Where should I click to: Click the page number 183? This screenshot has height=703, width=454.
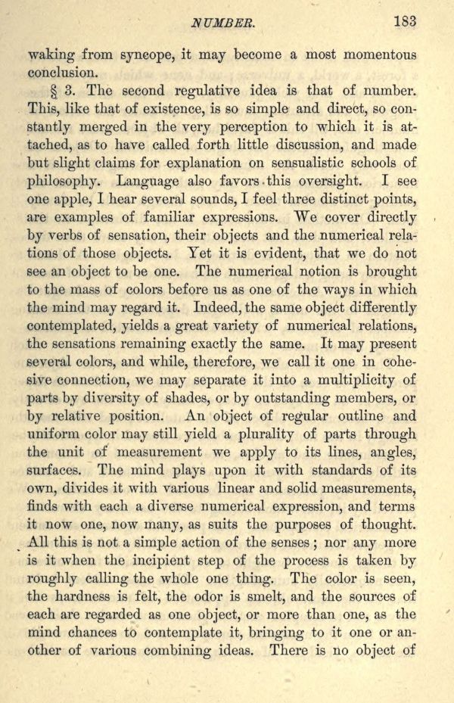pyautogui.click(x=404, y=21)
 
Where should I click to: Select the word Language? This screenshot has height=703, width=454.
pyautogui.click(x=151, y=182)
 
